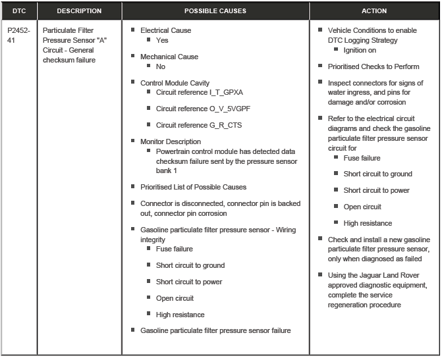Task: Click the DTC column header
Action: (18, 11)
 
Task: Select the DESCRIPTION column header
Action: (79, 11)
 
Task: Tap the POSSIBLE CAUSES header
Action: (215, 11)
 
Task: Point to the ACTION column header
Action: (374, 11)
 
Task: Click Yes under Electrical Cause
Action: (162, 40)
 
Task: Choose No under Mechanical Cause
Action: (161, 66)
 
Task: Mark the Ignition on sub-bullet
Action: (360, 50)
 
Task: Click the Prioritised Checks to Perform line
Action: (373, 66)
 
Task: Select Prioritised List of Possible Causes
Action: (193, 188)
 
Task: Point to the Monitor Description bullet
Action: (170, 141)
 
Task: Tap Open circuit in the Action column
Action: (362, 207)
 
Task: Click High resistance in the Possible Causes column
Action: (180, 315)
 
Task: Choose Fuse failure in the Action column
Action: (362, 158)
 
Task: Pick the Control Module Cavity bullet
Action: (175, 83)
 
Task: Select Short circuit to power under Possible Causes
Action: (189, 282)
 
